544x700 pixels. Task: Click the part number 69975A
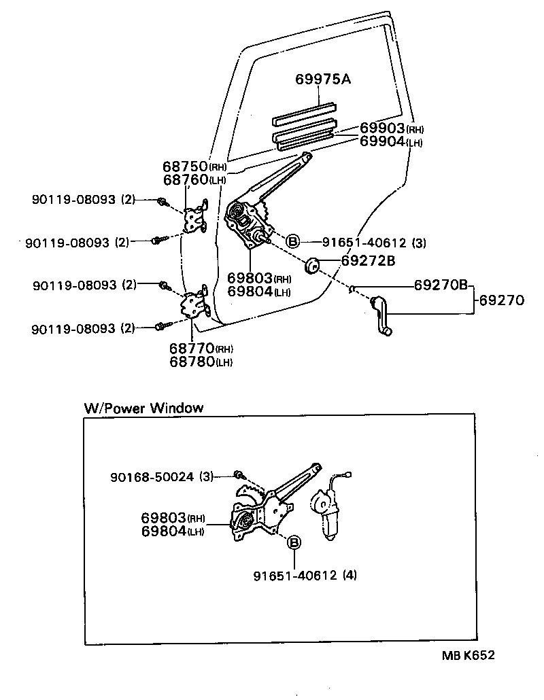pyautogui.click(x=323, y=80)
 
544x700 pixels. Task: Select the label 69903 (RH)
pyautogui.click(x=392, y=129)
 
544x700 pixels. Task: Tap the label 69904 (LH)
pyautogui.click(x=392, y=141)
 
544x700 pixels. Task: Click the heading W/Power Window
pyautogui.click(x=143, y=408)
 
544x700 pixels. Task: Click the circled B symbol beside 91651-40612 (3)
pyautogui.click(x=292, y=241)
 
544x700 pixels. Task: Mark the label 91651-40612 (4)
pyautogui.click(x=305, y=576)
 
